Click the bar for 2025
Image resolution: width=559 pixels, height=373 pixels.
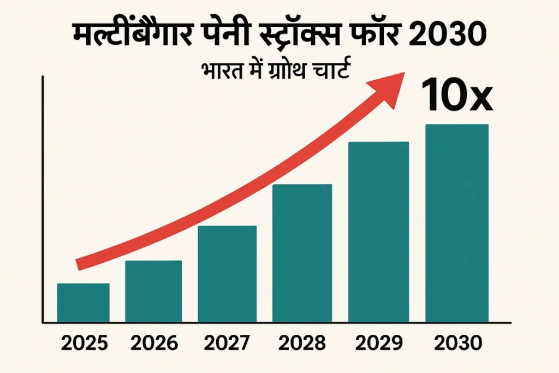[83, 303]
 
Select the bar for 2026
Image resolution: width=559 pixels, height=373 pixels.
[153, 291]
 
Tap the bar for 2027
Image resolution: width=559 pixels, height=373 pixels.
[227, 274]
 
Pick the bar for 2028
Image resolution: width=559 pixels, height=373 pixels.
[302, 253]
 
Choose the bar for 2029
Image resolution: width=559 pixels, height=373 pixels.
[378, 232]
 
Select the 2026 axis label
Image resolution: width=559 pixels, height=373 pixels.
[154, 344]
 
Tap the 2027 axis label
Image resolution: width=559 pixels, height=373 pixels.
[228, 344]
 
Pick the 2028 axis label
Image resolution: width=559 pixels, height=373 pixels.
[302, 344]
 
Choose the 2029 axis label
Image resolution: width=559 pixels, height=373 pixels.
[379, 344]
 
